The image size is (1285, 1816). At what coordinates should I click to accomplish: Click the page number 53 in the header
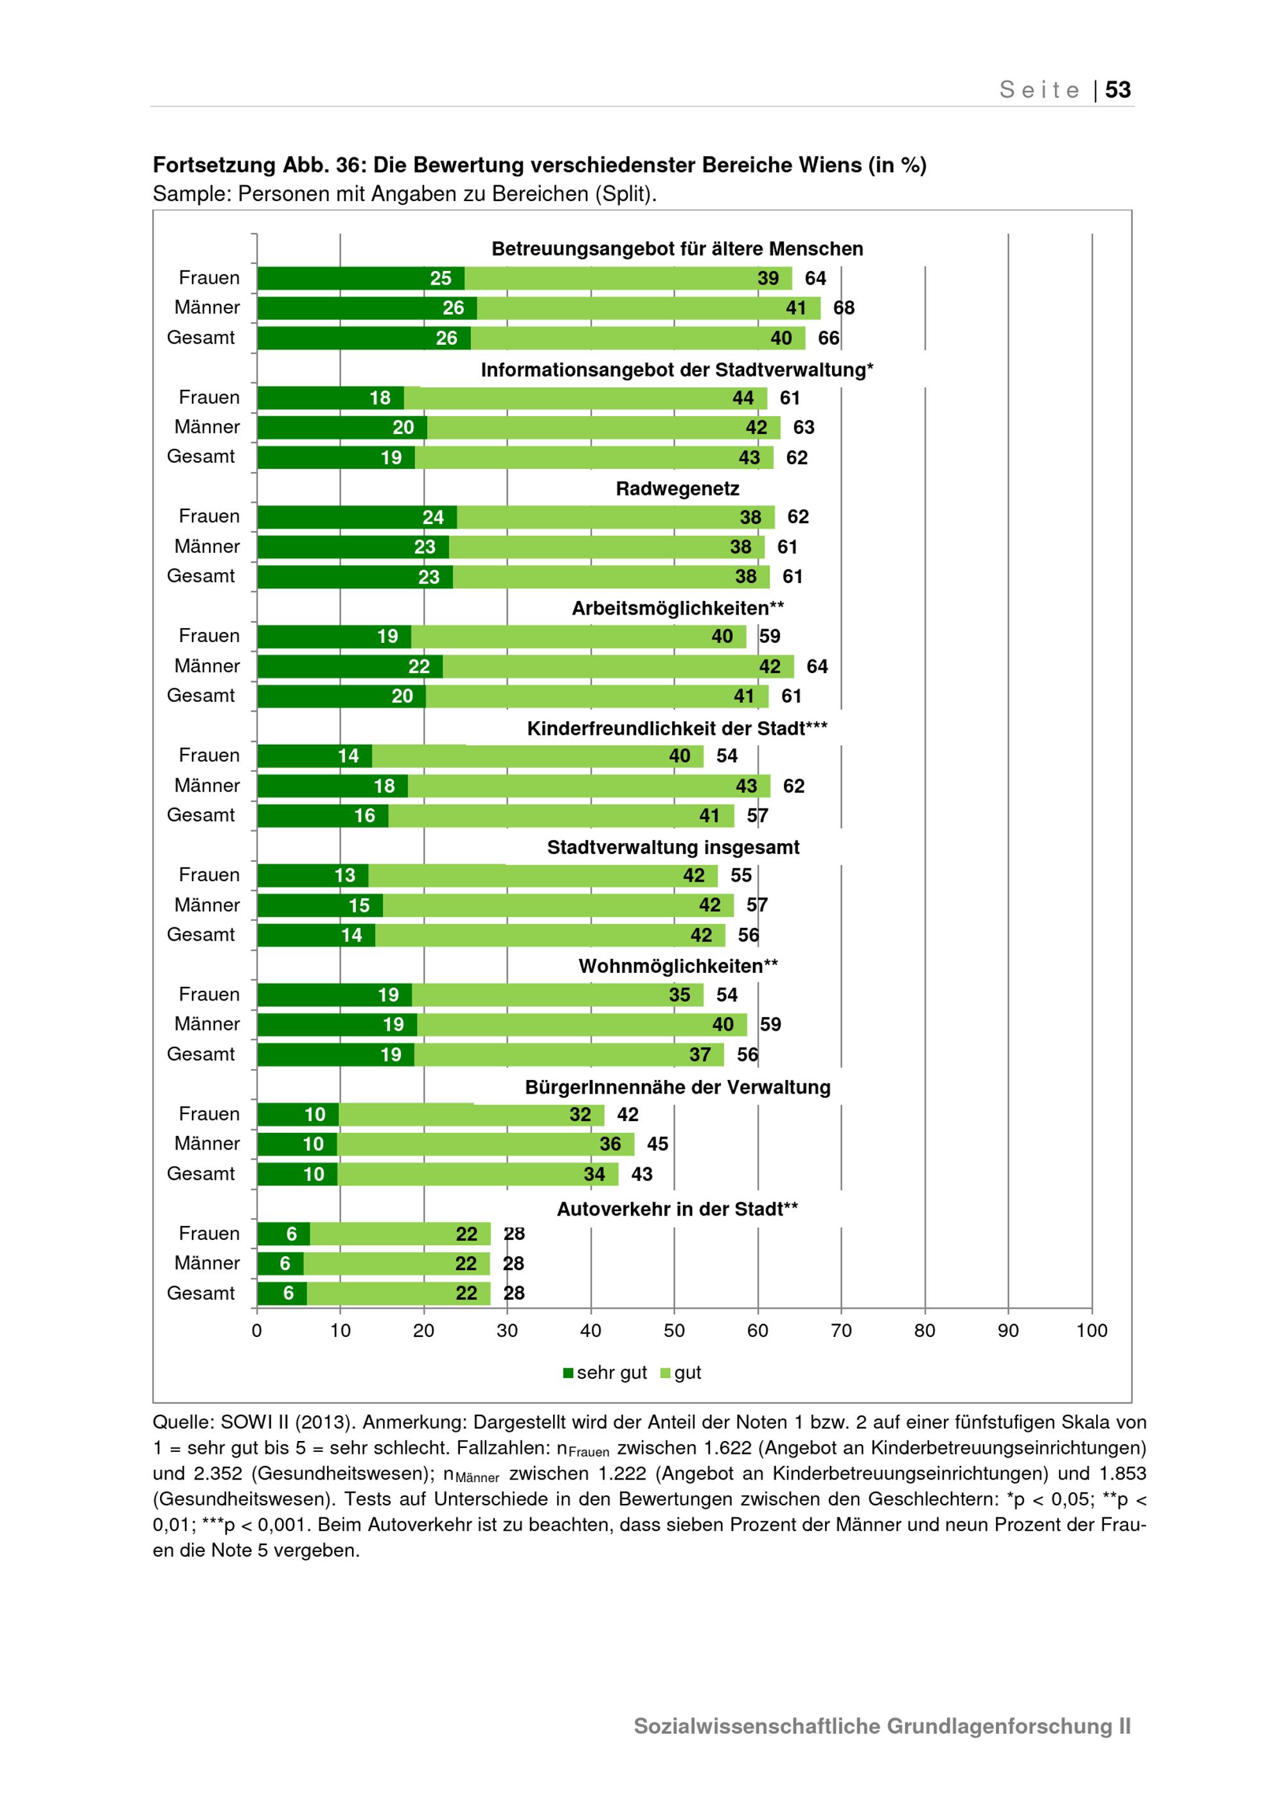tap(1117, 89)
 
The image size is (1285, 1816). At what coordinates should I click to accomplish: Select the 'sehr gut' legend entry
tap(605, 1372)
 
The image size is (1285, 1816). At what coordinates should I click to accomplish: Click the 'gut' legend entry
tap(680, 1372)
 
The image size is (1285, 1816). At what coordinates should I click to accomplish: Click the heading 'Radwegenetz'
tap(677, 489)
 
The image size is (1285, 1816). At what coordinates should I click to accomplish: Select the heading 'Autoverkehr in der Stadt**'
tap(677, 1209)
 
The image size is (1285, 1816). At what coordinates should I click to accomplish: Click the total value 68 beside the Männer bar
tap(844, 308)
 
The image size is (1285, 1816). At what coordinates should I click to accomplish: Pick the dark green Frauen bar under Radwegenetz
tap(357, 518)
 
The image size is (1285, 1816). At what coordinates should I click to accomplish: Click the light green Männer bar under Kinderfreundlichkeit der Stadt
tap(589, 786)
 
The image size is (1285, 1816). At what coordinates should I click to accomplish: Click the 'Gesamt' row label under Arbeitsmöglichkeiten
tap(201, 695)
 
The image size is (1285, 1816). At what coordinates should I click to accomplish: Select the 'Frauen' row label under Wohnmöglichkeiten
tap(209, 994)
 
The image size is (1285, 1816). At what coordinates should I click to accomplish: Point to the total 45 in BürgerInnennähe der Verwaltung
tap(657, 1144)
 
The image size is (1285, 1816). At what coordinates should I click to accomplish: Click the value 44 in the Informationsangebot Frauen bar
tap(743, 398)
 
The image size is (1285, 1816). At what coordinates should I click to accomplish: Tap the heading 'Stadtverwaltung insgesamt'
tap(673, 847)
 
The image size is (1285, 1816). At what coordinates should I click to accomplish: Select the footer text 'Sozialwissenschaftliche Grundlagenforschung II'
tap(882, 1726)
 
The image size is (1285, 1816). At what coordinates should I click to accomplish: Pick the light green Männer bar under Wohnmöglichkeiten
tap(582, 1025)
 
